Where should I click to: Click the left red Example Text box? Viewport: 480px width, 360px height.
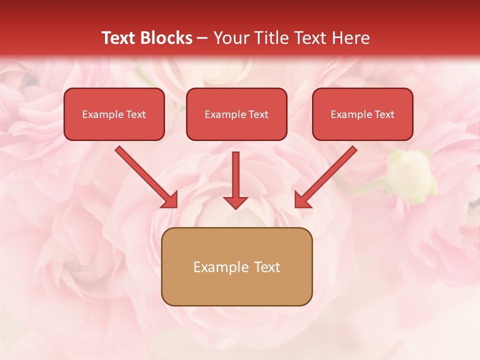point(114,114)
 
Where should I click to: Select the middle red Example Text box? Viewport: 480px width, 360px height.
point(236,114)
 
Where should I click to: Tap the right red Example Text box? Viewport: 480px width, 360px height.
point(362,114)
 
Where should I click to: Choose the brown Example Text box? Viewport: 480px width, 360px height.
point(237,267)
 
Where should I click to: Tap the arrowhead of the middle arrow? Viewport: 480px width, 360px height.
point(235,201)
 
